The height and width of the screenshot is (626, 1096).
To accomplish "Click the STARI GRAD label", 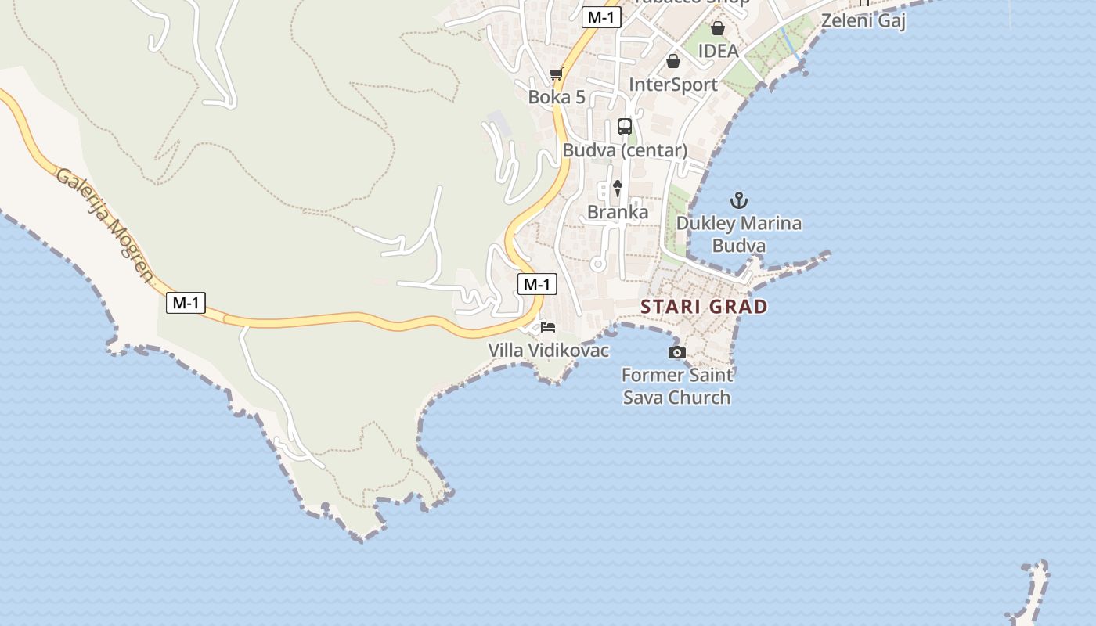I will pos(704,306).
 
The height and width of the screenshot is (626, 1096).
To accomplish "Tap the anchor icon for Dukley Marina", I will pos(739,201).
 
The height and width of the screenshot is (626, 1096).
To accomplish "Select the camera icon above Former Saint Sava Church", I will pos(677,353).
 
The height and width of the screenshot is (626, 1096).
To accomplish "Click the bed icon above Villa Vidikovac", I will pos(548,327).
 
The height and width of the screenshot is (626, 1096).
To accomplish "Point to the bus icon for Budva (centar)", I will pos(625,126).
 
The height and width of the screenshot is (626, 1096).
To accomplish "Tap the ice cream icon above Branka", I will pos(618,189).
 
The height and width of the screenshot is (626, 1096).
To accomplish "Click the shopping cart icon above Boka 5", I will pos(557,74).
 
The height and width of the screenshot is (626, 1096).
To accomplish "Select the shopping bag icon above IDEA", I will pos(718,29).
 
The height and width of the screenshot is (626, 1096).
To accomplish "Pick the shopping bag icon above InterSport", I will pos(673,61).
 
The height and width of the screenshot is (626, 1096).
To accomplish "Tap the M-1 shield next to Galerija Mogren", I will pos(186,303).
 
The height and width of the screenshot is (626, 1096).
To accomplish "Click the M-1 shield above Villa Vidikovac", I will pos(537,284).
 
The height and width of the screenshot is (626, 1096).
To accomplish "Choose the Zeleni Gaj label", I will pos(863,20).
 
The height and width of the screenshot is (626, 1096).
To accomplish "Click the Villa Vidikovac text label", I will pos(549,350).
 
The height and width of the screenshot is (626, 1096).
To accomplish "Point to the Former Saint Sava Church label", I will pos(677,386).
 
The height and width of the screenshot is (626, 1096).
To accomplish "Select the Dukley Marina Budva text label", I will pos(739,234).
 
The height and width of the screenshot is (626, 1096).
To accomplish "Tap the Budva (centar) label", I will pos(625,149).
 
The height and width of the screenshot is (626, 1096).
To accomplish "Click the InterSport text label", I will pos(673,84).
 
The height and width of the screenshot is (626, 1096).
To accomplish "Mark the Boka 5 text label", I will pos(557,97).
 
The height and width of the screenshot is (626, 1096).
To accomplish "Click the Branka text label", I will pos(618,212).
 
